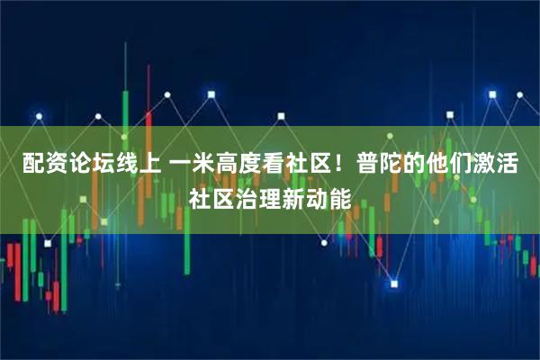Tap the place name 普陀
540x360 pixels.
(x=379, y=165)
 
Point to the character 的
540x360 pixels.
(x=414, y=165)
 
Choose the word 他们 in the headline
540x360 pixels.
(x=449, y=165)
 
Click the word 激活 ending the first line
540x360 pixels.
(x=496, y=165)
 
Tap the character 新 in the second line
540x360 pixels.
(x=293, y=195)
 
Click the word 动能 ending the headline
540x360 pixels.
(x=328, y=195)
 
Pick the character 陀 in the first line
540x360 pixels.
(x=391, y=165)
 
